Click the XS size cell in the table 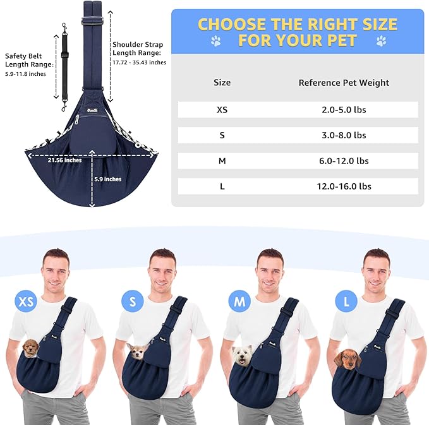[222, 110]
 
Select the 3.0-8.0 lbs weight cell [344, 135]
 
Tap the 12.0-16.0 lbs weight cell [344, 186]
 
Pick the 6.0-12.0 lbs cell [344, 161]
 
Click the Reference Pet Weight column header [344, 83]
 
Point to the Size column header [222, 82]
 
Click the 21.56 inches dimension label [64, 160]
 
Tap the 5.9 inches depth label [108, 179]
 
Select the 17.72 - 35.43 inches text [139, 63]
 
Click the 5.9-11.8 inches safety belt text [25, 74]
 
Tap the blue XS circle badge [26, 301]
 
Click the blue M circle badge [239, 301]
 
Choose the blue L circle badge [346, 301]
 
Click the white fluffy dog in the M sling [242, 356]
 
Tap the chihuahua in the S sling [138, 351]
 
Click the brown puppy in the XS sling [30, 349]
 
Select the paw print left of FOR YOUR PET [216, 41]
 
